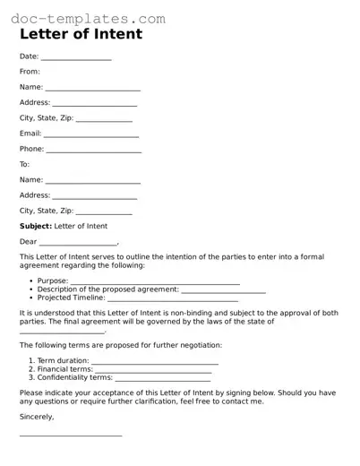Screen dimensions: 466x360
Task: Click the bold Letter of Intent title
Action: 81,35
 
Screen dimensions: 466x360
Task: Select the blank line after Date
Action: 76,58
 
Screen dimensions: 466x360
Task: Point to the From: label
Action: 30,71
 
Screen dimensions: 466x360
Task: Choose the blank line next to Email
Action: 92,135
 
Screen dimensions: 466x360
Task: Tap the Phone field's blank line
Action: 94,151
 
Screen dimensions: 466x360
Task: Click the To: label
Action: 25,165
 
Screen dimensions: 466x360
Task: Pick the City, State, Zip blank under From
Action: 105,120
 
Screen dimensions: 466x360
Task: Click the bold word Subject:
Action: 36,226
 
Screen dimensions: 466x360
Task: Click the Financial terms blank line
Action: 153,371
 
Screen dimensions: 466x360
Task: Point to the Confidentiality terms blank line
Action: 161,379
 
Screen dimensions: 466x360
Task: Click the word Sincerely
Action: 37,417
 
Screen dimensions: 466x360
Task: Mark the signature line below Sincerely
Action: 71,436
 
